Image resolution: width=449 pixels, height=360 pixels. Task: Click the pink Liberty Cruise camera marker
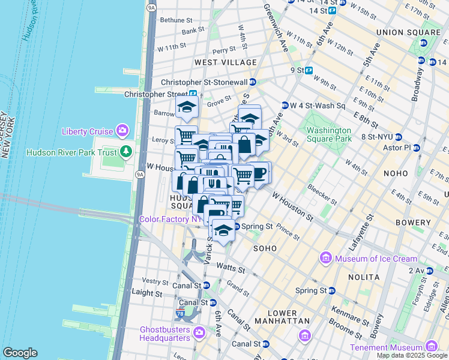tap(123, 130)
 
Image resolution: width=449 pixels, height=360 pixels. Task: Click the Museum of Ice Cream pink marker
tap(327, 258)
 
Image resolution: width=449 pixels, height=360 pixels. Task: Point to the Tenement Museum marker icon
tap(430, 347)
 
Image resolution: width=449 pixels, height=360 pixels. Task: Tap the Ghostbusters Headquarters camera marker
tap(199, 332)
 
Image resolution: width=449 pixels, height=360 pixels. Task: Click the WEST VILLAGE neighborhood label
tap(225, 62)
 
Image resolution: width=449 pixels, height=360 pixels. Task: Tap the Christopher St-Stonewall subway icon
tap(253, 82)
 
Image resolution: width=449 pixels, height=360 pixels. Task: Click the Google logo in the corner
tap(20, 352)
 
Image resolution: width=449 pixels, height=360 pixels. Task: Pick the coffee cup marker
tap(259, 173)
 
